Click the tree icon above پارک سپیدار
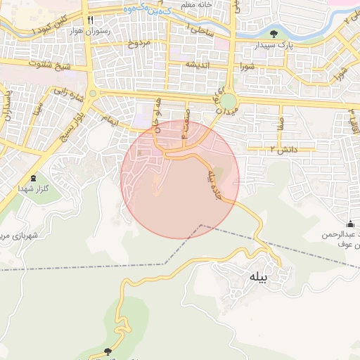(273, 33)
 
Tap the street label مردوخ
(139, 44)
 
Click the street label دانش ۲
(283, 150)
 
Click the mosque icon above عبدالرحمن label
(350, 224)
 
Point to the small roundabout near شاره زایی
(92, 92)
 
